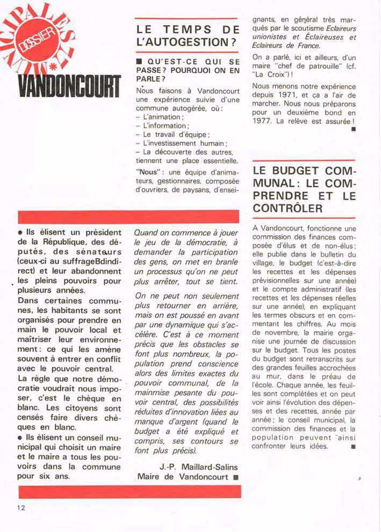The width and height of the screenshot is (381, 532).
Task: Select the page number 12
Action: point(21,507)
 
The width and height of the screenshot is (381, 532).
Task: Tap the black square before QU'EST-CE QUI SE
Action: point(140,63)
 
